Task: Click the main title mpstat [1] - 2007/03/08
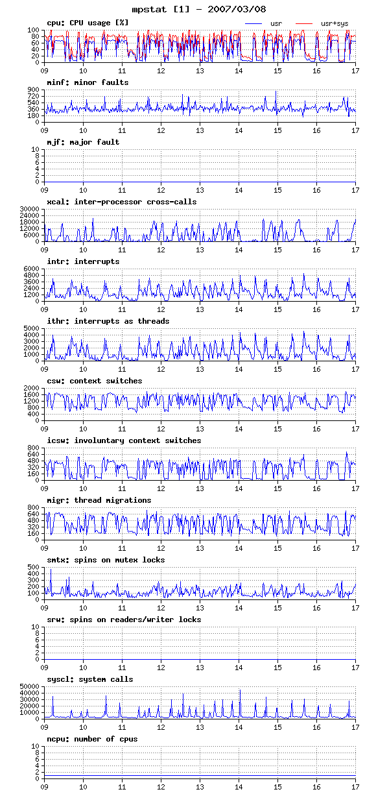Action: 199,9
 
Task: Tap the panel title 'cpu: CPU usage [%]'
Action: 88,23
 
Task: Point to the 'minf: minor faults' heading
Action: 88,82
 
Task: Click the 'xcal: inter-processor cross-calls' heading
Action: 122,202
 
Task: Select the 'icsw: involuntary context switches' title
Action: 124,440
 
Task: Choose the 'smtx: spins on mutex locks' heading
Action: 106,560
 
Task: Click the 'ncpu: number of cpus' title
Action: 92,739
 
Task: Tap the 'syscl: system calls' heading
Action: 90,679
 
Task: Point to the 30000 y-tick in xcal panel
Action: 29,209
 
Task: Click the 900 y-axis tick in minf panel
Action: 33,90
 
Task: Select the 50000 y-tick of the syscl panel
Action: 29,686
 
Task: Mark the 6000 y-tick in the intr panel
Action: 32,269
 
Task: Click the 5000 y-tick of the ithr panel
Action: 32,328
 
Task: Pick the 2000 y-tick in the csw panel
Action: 32,388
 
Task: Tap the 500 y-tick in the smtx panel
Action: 33,567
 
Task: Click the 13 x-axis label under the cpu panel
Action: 200,71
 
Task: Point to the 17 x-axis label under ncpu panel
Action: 355,787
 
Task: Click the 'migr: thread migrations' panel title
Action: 99,500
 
